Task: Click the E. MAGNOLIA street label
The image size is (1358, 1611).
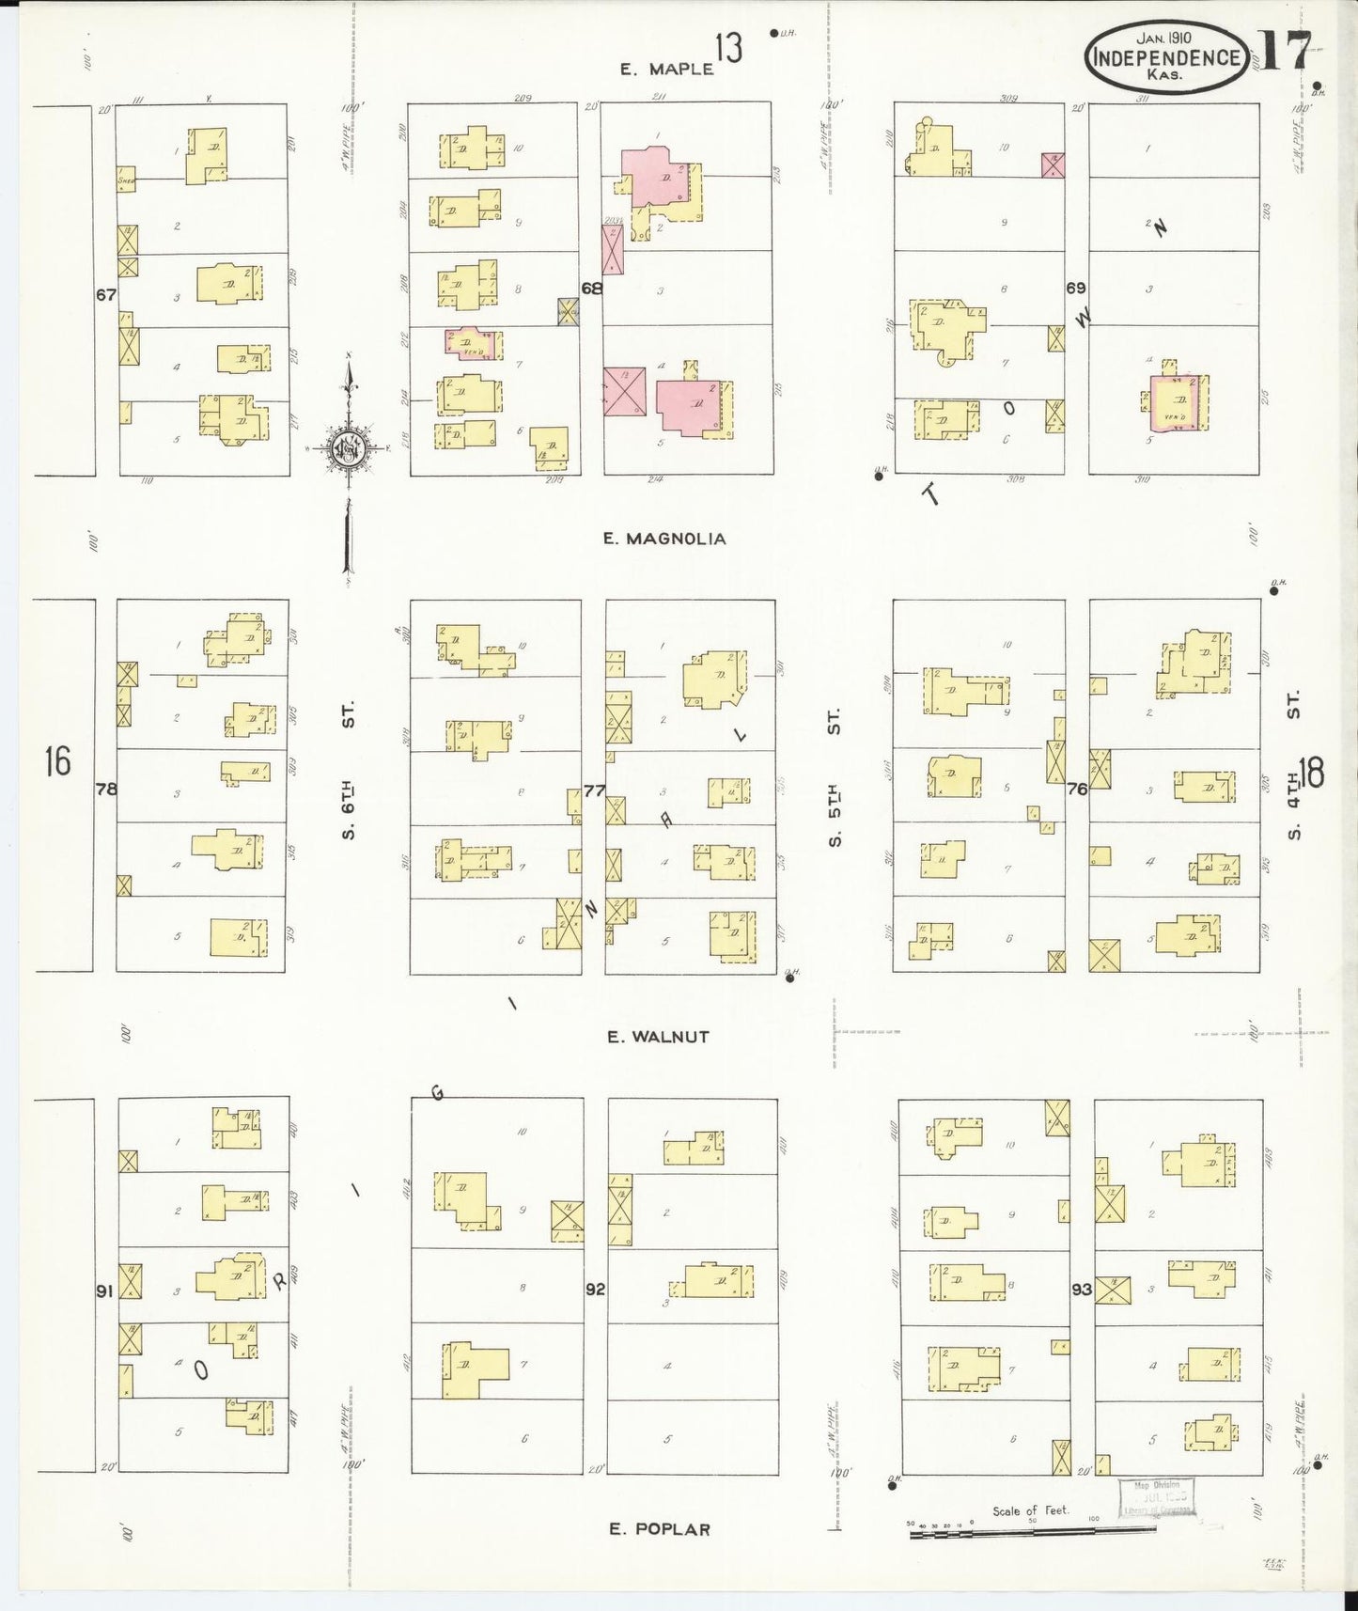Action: (x=664, y=539)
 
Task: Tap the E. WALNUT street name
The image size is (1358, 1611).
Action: (x=658, y=1037)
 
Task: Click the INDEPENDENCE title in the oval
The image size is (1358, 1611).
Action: (x=1166, y=57)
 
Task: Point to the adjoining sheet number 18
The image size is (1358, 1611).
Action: (x=1313, y=772)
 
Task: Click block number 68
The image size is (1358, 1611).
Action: (x=591, y=289)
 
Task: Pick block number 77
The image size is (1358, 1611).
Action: (x=593, y=790)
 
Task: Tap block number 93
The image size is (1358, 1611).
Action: (x=1082, y=1290)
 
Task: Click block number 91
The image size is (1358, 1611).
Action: (x=104, y=1291)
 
